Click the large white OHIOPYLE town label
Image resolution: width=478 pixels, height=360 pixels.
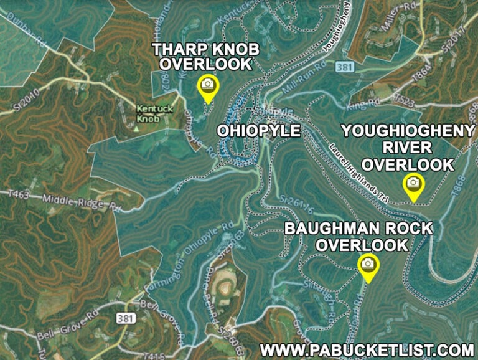point(258,131)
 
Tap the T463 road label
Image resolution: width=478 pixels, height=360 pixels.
point(19,195)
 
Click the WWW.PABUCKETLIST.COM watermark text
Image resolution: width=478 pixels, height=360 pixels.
point(367,349)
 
